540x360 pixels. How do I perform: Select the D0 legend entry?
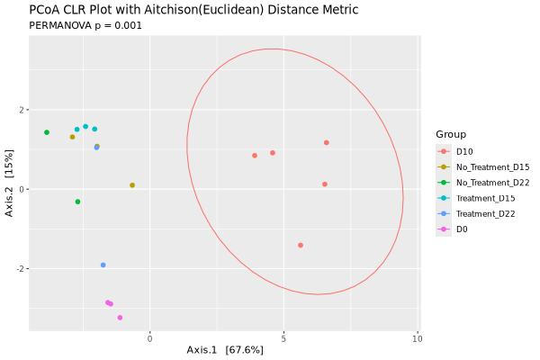(x=462, y=229)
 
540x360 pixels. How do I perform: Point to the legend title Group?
(x=451, y=134)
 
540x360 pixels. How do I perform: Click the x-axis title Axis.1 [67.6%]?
(x=225, y=349)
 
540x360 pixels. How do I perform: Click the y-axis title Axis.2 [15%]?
(x=10, y=189)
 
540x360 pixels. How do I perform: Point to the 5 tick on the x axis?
(x=283, y=338)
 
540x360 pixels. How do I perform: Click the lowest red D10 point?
(x=301, y=245)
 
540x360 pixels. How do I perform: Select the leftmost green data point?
(x=47, y=132)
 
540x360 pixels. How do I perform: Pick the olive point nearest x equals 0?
(x=132, y=185)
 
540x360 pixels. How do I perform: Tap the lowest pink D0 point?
(x=120, y=318)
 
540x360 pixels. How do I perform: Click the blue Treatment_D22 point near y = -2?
(x=103, y=265)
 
